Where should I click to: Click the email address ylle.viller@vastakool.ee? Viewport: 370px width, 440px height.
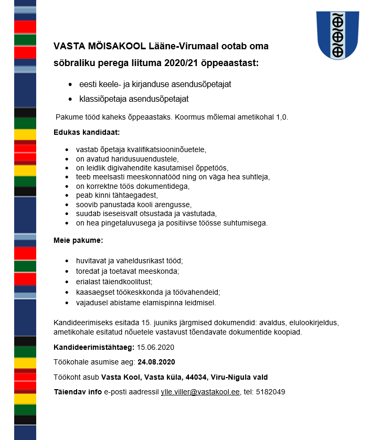(x=200, y=392)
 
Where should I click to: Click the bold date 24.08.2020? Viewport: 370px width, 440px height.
(x=156, y=362)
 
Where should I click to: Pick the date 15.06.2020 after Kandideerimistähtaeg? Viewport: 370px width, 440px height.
(x=155, y=347)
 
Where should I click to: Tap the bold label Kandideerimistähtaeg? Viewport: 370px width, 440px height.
(x=94, y=347)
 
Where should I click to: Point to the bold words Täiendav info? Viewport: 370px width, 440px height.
(x=78, y=392)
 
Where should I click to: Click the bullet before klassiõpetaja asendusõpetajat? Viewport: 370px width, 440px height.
(x=70, y=99)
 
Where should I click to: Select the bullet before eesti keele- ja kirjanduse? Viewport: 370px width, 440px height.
(x=70, y=84)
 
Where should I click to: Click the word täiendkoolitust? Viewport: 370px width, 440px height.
(x=126, y=282)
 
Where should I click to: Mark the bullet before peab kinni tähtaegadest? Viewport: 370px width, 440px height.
(x=67, y=196)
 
